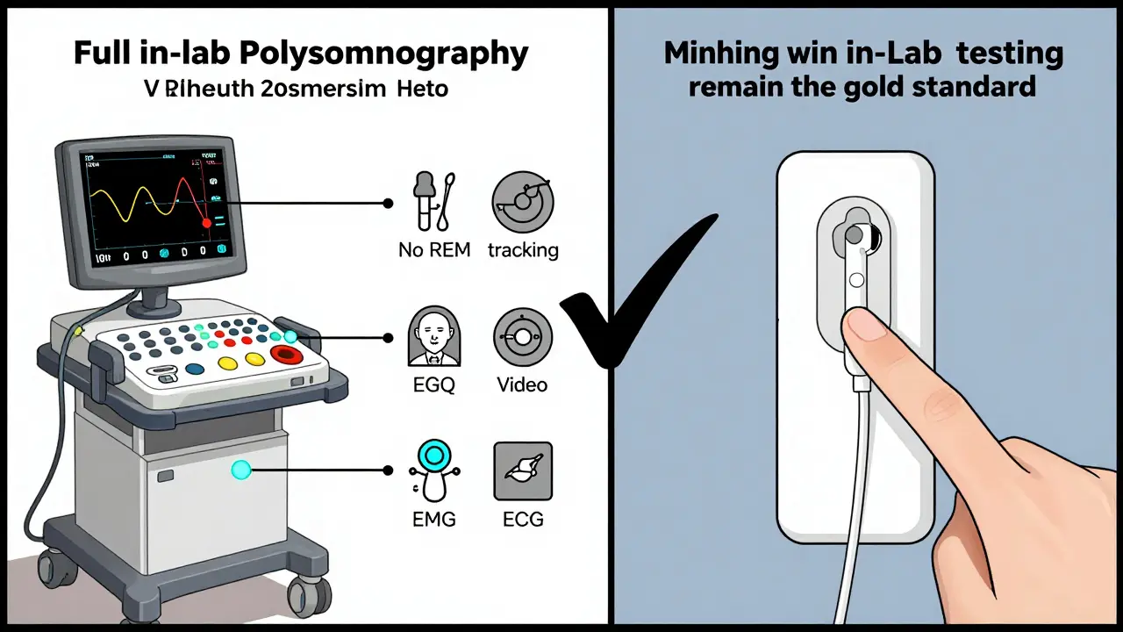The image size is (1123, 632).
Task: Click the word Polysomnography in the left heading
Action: click(x=404, y=54)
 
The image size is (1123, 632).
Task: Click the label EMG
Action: click(x=433, y=519)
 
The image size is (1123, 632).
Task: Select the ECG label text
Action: click(x=523, y=519)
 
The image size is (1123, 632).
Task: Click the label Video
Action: click(x=522, y=384)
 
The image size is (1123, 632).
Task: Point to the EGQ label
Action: click(x=433, y=384)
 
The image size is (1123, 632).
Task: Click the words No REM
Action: click(x=434, y=250)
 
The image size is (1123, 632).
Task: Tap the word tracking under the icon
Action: click(x=523, y=250)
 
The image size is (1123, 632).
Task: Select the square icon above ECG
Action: click(x=523, y=470)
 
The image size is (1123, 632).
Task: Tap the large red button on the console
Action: click(x=286, y=355)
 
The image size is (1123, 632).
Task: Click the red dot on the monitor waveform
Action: click(x=207, y=224)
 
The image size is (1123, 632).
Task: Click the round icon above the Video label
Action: click(x=522, y=337)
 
